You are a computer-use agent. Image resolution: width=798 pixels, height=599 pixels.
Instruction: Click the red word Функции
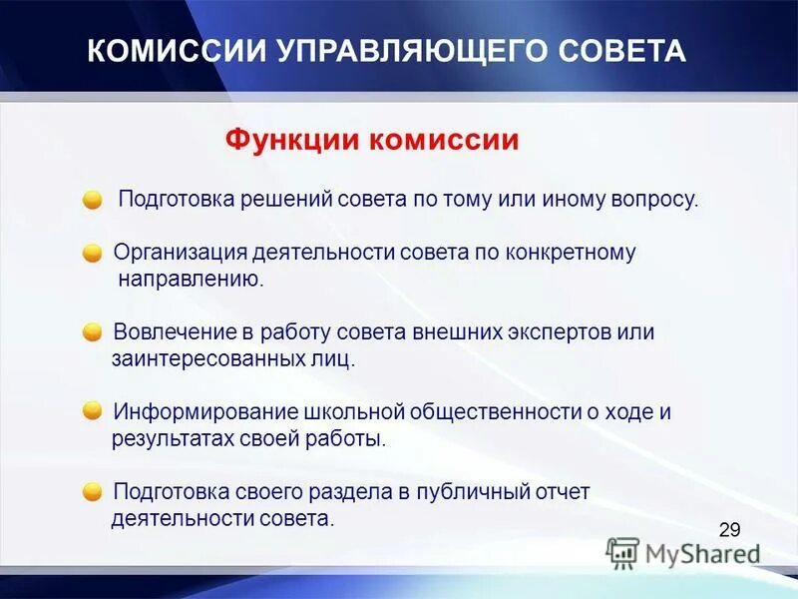click(292, 139)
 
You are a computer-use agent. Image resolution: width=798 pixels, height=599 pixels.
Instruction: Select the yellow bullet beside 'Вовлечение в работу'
click(93, 331)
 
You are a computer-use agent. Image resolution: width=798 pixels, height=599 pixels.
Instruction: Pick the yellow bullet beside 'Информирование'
click(93, 410)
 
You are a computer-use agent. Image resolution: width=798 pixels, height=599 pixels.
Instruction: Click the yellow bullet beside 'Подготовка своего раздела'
click(93, 491)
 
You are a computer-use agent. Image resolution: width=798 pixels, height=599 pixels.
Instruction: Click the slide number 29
click(729, 530)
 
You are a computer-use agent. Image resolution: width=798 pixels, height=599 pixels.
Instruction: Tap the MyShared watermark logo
click(683, 552)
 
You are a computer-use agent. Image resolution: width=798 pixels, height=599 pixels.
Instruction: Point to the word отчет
click(564, 491)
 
